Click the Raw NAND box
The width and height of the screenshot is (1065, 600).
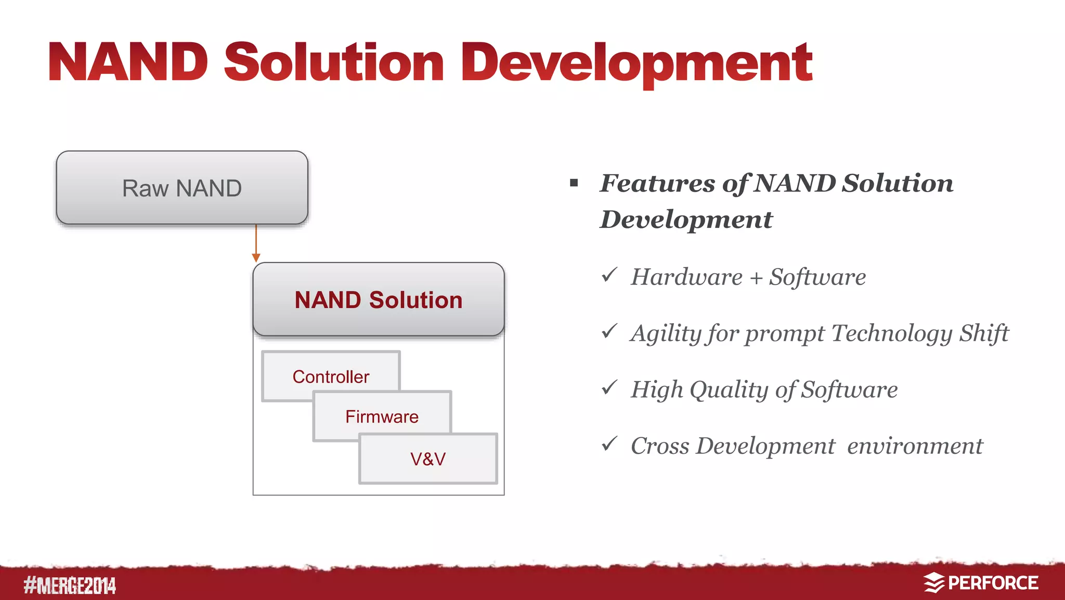tap(182, 188)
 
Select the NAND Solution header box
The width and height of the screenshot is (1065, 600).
tap(378, 300)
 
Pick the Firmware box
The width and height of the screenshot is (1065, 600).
tap(382, 416)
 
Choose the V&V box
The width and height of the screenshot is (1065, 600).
tap(427, 459)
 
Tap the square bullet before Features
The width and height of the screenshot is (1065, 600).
tap(574, 183)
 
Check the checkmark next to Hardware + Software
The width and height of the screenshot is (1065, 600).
tap(609, 275)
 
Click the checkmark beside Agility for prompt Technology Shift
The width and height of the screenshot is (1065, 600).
tap(609, 331)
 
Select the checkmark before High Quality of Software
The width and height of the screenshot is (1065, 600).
tap(609, 387)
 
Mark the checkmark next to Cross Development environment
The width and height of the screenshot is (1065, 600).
tap(609, 443)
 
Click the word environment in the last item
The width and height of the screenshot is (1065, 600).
tap(915, 446)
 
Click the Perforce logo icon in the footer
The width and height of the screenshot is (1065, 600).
tap(934, 583)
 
